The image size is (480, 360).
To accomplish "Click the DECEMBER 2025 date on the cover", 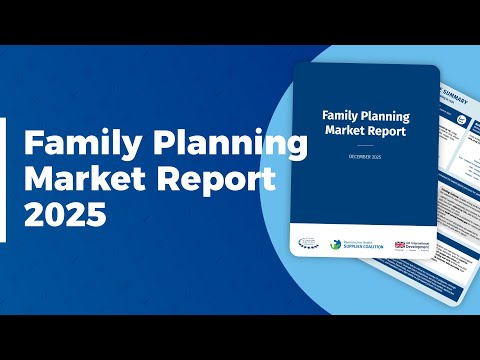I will tap(364, 157).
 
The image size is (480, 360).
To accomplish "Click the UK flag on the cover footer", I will tap(400, 244).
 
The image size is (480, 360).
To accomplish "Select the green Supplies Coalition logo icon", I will tap(337, 243).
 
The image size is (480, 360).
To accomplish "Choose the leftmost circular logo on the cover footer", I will tap(305, 241).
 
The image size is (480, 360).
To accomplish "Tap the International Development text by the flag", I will tap(419, 245).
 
